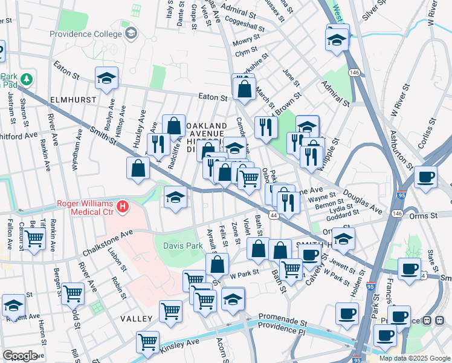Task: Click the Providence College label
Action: pyautogui.click(x=86, y=34)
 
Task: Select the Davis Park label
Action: pyautogui.click(x=182, y=246)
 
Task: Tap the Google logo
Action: pyautogui.click(x=20, y=356)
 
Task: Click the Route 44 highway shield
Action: pyautogui.click(x=274, y=215)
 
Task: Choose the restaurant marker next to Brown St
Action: pyautogui.click(x=266, y=127)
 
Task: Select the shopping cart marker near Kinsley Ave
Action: pyautogui.click(x=147, y=342)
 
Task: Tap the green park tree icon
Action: pyautogui.click(x=26, y=79)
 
